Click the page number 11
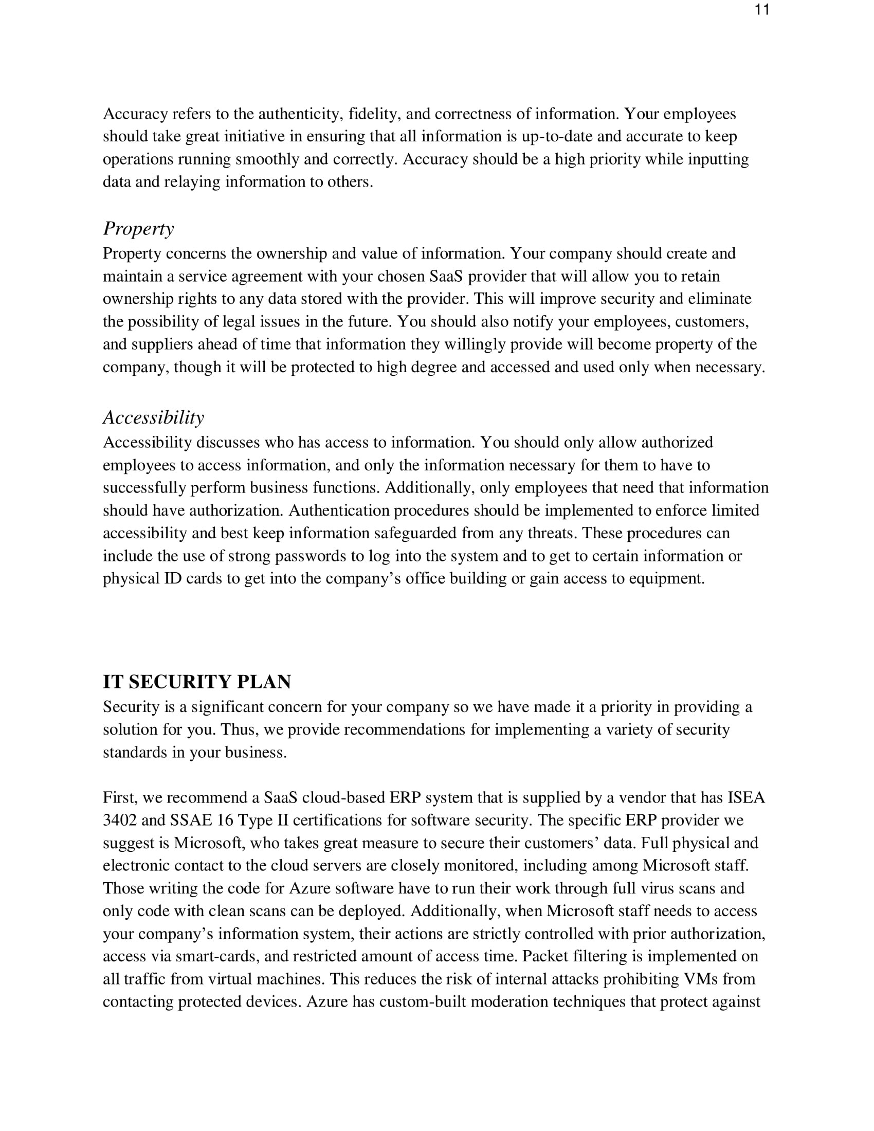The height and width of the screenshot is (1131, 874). [x=761, y=10]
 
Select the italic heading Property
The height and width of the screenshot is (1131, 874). [x=138, y=229]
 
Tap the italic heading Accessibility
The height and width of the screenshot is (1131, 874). [x=153, y=417]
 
